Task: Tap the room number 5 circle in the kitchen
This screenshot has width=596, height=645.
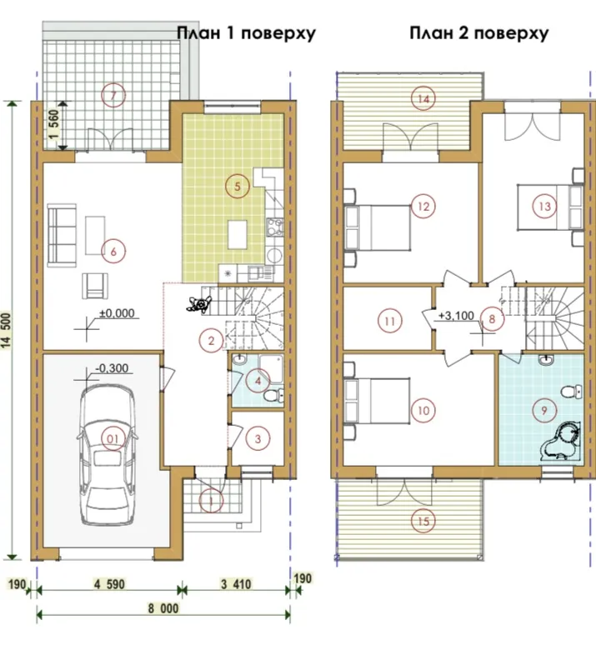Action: (x=237, y=187)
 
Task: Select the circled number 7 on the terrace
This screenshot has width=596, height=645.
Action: (x=113, y=95)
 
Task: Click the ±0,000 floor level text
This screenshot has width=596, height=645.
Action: (x=117, y=313)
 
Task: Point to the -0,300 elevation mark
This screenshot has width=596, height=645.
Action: (x=112, y=367)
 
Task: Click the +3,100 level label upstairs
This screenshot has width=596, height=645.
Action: (x=457, y=316)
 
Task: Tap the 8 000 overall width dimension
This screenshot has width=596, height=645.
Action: (x=163, y=609)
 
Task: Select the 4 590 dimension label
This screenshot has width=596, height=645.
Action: (x=109, y=584)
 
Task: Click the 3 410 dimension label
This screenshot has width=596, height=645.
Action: (x=236, y=584)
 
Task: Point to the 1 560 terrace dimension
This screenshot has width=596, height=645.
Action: (x=54, y=125)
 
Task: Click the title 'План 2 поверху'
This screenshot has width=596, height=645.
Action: (x=478, y=32)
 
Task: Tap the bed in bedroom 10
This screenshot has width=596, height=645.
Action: (x=378, y=401)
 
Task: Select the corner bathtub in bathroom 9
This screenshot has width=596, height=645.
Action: (x=561, y=441)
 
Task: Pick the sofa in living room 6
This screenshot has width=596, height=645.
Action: (x=62, y=235)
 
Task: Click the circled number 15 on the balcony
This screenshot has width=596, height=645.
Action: (x=423, y=522)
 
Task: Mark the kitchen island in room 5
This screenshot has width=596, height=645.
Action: (x=238, y=234)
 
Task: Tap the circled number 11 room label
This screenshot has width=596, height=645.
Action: (x=389, y=321)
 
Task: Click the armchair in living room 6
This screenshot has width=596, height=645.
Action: (x=95, y=286)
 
